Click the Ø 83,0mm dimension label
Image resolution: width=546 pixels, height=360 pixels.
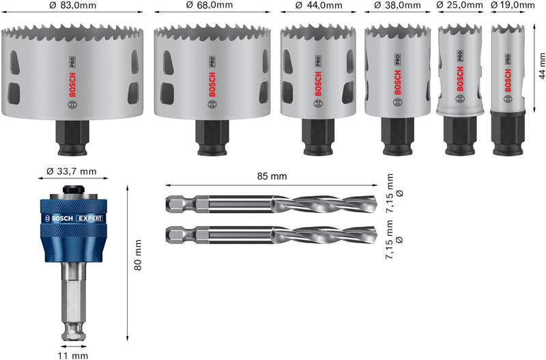point(73,5)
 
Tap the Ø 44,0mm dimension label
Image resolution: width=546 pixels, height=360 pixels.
point(318,5)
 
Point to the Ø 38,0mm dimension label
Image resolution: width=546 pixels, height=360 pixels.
point(394,5)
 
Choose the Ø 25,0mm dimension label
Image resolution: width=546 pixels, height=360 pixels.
point(459,5)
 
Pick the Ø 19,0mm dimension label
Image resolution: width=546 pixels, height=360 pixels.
point(512,5)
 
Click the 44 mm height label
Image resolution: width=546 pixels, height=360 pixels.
point(541,65)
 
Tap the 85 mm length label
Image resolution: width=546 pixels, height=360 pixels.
point(272,176)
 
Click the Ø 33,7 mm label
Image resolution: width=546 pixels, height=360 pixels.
point(73,171)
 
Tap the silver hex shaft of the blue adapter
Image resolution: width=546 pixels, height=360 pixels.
point(74,301)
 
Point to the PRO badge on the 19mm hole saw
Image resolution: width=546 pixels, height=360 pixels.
point(508,58)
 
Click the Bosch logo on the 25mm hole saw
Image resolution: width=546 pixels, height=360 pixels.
point(460,79)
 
